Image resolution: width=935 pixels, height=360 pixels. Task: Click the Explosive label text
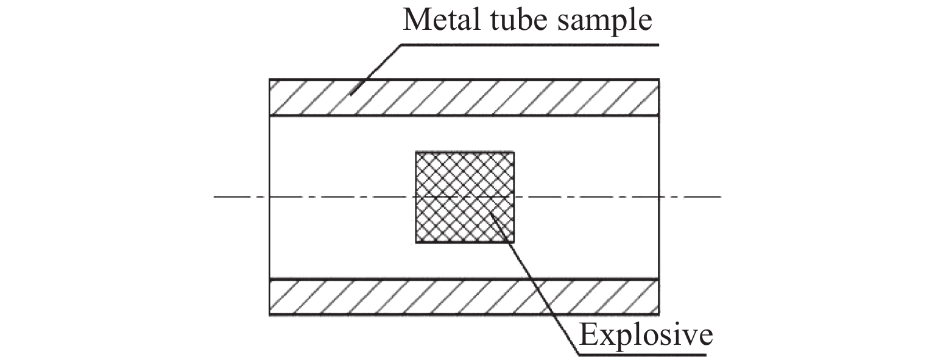pyautogui.click(x=645, y=334)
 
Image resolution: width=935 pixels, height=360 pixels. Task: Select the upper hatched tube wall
pyautogui.click(x=464, y=97)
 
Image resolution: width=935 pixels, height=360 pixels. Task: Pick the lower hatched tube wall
pyautogui.click(x=464, y=297)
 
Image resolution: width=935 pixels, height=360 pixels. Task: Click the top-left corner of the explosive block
pyautogui.click(x=416, y=152)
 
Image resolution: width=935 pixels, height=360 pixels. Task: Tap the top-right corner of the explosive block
pyautogui.click(x=513, y=152)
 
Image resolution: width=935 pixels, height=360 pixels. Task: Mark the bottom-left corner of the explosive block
pyautogui.click(x=416, y=242)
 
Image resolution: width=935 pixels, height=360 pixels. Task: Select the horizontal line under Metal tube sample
pyautogui.click(x=530, y=44)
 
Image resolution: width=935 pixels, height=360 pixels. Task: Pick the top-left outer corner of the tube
pyautogui.click(x=270, y=79)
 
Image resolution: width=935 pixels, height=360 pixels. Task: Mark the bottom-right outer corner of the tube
pyautogui.click(x=658, y=314)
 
